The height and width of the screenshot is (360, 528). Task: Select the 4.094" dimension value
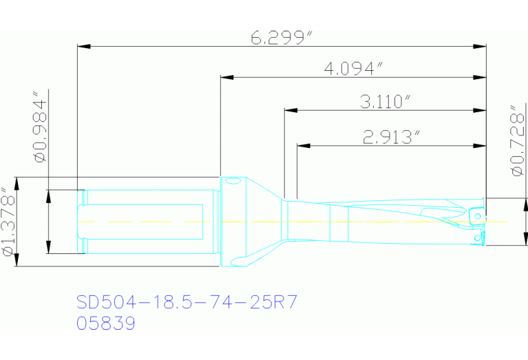[x=353, y=68]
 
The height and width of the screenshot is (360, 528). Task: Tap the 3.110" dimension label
[x=385, y=102]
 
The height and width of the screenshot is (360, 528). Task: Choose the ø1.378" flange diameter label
[x=9, y=222]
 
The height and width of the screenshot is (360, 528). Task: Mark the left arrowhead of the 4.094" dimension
[x=226, y=76]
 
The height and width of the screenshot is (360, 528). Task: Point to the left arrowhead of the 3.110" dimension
[x=291, y=110]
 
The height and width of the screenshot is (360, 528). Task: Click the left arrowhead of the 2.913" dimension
[x=304, y=145]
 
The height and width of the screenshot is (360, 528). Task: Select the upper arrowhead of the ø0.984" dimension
[x=49, y=195]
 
